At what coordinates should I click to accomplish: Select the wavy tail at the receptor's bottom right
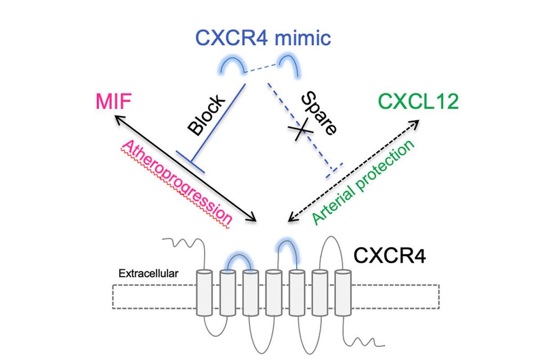tap(369, 341)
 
